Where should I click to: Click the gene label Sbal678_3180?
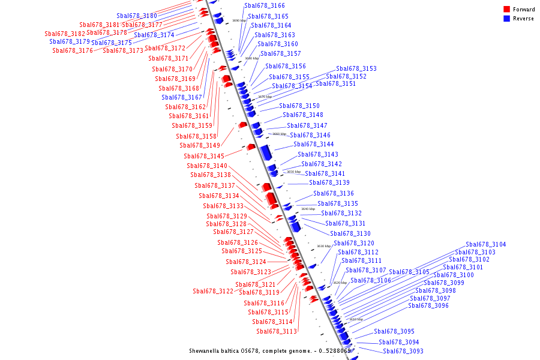click(137, 16)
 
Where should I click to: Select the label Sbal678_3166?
click(265, 5)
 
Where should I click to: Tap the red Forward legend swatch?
click(507, 10)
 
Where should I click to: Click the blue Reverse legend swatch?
click(507, 19)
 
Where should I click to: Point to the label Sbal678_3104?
click(486, 244)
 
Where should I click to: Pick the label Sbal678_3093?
click(403, 351)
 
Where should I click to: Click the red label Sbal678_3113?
click(277, 331)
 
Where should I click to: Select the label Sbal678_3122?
click(213, 291)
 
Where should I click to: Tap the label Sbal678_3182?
click(65, 34)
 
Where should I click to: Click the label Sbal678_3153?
click(356, 68)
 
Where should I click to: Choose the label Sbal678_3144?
click(314, 144)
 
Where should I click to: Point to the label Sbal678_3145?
click(204, 156)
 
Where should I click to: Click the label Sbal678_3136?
click(334, 193)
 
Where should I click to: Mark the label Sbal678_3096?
click(428, 305)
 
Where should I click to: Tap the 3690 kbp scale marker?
click(239, 20)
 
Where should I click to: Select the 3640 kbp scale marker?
click(308, 209)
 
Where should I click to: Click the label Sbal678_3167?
click(182, 97)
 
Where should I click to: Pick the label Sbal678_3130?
click(350, 233)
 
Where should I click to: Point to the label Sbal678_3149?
click(200, 145)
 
